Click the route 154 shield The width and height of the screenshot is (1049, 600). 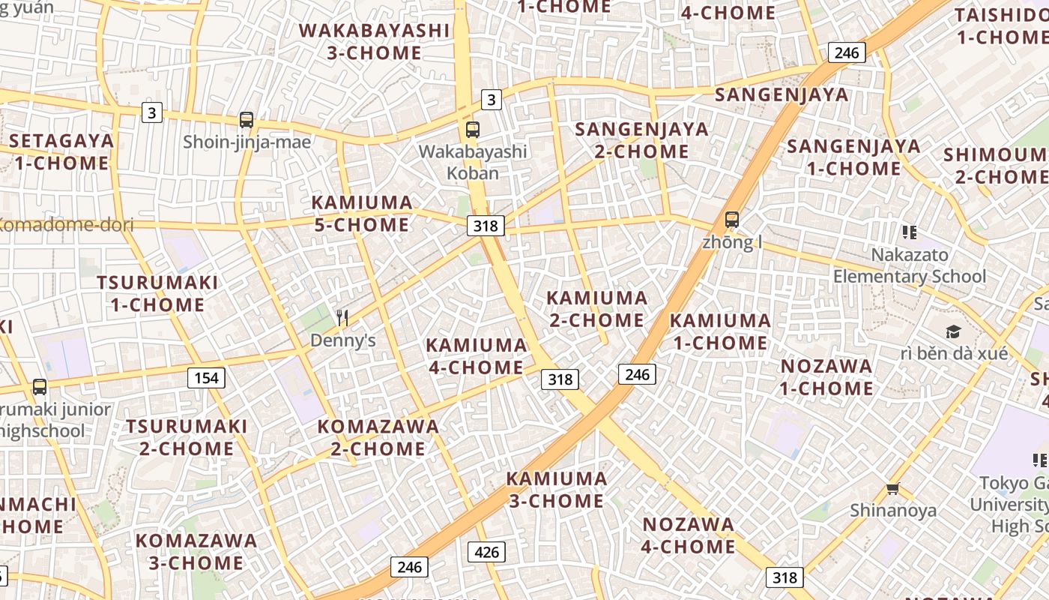pyautogui.click(x=206, y=378)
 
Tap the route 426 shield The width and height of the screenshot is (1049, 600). pyautogui.click(x=487, y=553)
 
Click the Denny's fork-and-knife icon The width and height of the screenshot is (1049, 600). pyautogui.click(x=342, y=318)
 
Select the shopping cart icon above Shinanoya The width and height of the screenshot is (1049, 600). pyautogui.click(x=892, y=489)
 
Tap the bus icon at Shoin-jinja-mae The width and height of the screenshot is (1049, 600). pyautogui.click(x=246, y=119)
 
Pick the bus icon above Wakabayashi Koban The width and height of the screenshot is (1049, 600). pyautogui.click(x=472, y=129)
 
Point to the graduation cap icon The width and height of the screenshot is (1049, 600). pyautogui.click(x=952, y=331)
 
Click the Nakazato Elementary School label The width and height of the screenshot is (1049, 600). pyautogui.click(x=910, y=266)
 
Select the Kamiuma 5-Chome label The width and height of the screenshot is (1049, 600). pyautogui.click(x=362, y=214)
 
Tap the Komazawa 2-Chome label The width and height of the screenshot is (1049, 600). pyautogui.click(x=378, y=438)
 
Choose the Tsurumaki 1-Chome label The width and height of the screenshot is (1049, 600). pyautogui.click(x=157, y=294)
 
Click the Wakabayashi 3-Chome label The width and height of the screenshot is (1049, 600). pyautogui.click(x=375, y=42)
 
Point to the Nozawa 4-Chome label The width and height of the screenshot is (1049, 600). pyautogui.click(x=688, y=535)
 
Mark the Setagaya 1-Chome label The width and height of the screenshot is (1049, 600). pyautogui.click(x=61, y=151)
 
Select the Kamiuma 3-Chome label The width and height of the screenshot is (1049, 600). pyautogui.click(x=556, y=490)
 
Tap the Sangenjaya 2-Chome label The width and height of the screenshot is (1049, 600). pyautogui.click(x=641, y=140)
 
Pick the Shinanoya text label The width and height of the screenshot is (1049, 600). pyautogui.click(x=892, y=511)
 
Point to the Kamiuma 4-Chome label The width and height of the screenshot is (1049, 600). pyautogui.click(x=476, y=356)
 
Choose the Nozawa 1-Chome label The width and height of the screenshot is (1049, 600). pyautogui.click(x=826, y=377)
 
